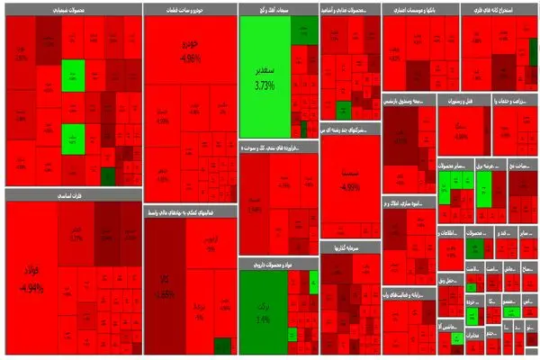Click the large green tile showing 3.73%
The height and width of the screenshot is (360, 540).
(264, 76)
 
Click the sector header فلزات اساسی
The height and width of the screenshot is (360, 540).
(72, 193)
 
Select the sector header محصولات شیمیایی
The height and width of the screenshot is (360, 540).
(72, 9)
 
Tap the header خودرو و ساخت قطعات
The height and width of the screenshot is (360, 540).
(190, 9)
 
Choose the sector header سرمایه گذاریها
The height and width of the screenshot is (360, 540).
(350, 246)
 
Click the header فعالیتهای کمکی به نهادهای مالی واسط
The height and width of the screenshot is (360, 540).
(190, 212)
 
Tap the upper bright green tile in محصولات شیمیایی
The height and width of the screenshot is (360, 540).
(73, 74)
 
